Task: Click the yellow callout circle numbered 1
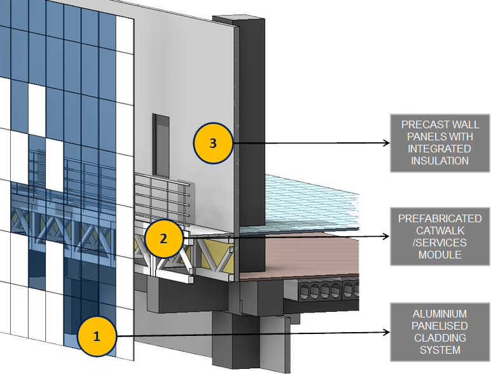point(97,337)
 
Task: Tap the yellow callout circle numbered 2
point(163,238)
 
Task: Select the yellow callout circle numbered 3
point(213,143)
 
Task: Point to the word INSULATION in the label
point(439,161)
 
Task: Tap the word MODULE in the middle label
point(439,255)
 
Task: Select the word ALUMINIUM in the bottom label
point(439,314)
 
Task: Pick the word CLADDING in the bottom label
point(439,338)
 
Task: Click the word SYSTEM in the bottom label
point(439,350)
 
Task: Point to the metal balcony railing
point(162,197)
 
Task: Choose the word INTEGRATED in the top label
point(439,149)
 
